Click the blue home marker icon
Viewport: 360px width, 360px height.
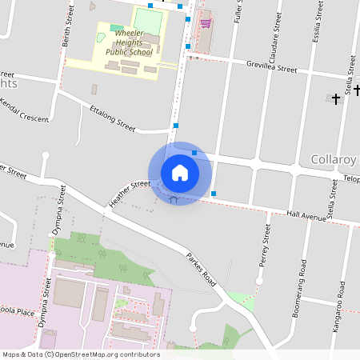pos(180,172)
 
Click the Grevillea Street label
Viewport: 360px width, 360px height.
pos(271,69)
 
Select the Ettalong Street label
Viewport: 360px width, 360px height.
pos(113,117)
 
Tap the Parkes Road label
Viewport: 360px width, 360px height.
pos(202,270)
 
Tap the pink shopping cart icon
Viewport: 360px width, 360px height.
pos(206,23)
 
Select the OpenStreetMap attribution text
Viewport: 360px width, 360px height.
pos(81,354)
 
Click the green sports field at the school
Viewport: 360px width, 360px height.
pos(147,19)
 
